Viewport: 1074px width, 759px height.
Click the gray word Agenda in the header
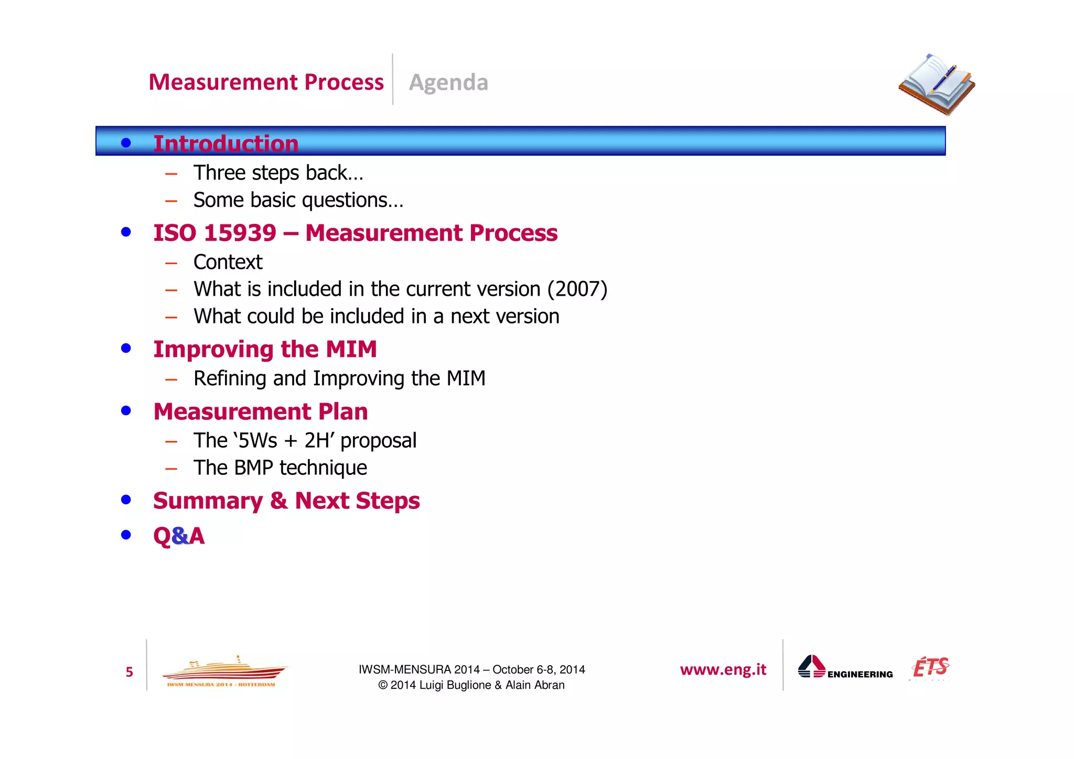(448, 83)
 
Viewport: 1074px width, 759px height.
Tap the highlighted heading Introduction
(225, 143)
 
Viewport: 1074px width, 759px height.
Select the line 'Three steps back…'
(278, 173)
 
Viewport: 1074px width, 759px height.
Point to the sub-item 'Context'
(228, 262)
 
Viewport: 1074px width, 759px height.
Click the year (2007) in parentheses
(577, 289)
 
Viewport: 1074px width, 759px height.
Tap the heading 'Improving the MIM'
(265, 349)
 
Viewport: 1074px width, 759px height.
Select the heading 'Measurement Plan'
(260, 411)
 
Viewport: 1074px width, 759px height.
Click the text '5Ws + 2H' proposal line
(305, 440)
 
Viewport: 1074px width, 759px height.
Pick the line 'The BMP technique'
(280, 468)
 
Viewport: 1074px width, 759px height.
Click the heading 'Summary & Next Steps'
(286, 501)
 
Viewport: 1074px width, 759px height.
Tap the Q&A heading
(179, 536)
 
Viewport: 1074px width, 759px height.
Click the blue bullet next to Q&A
(126, 535)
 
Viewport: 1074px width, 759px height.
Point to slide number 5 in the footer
(129, 672)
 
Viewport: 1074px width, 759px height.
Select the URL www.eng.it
(723, 670)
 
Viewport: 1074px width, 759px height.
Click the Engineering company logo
(844, 668)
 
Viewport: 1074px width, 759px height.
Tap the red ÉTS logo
(930, 667)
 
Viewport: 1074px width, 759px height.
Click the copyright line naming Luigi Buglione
(471, 685)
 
